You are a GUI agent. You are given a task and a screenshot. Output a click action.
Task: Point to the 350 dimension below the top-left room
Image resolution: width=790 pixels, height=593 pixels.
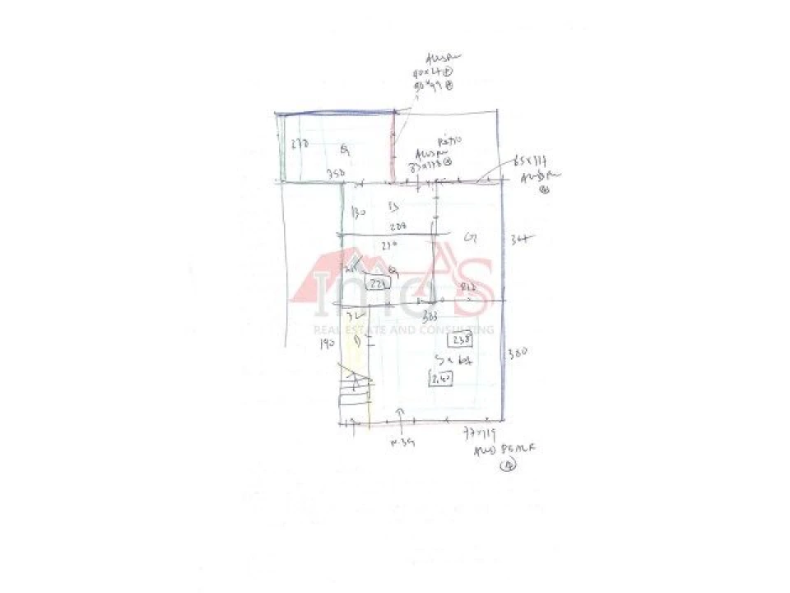[x=334, y=174]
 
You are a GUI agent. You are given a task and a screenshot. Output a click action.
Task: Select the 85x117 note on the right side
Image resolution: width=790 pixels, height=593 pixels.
[x=528, y=158]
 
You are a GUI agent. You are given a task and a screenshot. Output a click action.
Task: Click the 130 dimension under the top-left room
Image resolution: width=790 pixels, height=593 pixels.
[x=358, y=212]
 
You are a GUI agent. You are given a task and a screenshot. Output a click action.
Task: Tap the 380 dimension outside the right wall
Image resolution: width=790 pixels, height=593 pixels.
[x=516, y=353]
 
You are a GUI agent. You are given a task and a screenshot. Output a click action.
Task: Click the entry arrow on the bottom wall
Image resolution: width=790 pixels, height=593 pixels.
[x=401, y=413]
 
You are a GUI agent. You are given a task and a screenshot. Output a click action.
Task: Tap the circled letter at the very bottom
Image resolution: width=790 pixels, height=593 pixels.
[x=509, y=465]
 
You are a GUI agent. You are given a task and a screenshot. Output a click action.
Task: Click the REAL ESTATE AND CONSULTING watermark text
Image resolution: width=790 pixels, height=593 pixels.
[x=402, y=329]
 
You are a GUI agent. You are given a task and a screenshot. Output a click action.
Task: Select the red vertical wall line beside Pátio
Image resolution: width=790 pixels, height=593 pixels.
[x=393, y=147]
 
